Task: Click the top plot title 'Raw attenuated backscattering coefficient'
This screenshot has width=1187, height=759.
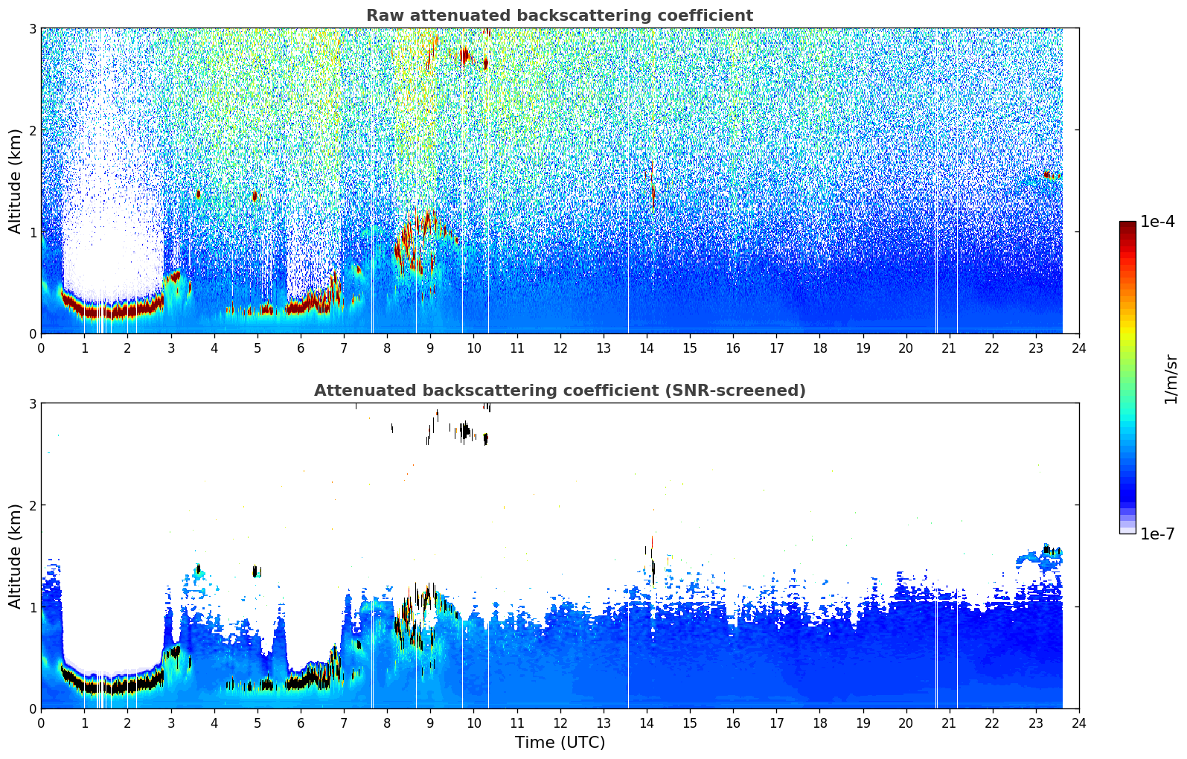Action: (560, 16)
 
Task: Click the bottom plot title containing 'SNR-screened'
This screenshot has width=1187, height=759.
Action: (560, 391)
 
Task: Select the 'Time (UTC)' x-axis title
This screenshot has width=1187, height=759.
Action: (560, 743)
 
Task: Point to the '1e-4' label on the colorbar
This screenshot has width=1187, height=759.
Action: (1157, 222)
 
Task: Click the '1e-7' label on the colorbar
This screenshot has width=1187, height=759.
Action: (1157, 534)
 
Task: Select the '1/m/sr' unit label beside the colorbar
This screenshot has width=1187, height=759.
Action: (1171, 379)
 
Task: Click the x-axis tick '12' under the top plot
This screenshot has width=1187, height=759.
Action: (560, 348)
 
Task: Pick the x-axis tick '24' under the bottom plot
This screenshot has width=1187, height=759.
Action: (1079, 723)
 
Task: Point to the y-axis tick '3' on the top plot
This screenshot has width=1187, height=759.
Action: (32, 28)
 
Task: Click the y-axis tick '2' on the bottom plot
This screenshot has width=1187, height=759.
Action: (32, 505)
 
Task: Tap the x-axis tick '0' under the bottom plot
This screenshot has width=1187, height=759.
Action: (42, 723)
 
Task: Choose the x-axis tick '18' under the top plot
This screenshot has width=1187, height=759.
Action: (820, 348)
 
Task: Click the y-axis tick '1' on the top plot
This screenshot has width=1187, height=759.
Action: (32, 232)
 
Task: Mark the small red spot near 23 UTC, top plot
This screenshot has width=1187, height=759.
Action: (1046, 174)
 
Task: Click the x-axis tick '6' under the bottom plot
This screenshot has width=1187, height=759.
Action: (301, 723)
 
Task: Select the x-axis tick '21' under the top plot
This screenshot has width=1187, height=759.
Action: (949, 348)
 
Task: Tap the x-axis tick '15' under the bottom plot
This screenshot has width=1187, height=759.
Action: (690, 723)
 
